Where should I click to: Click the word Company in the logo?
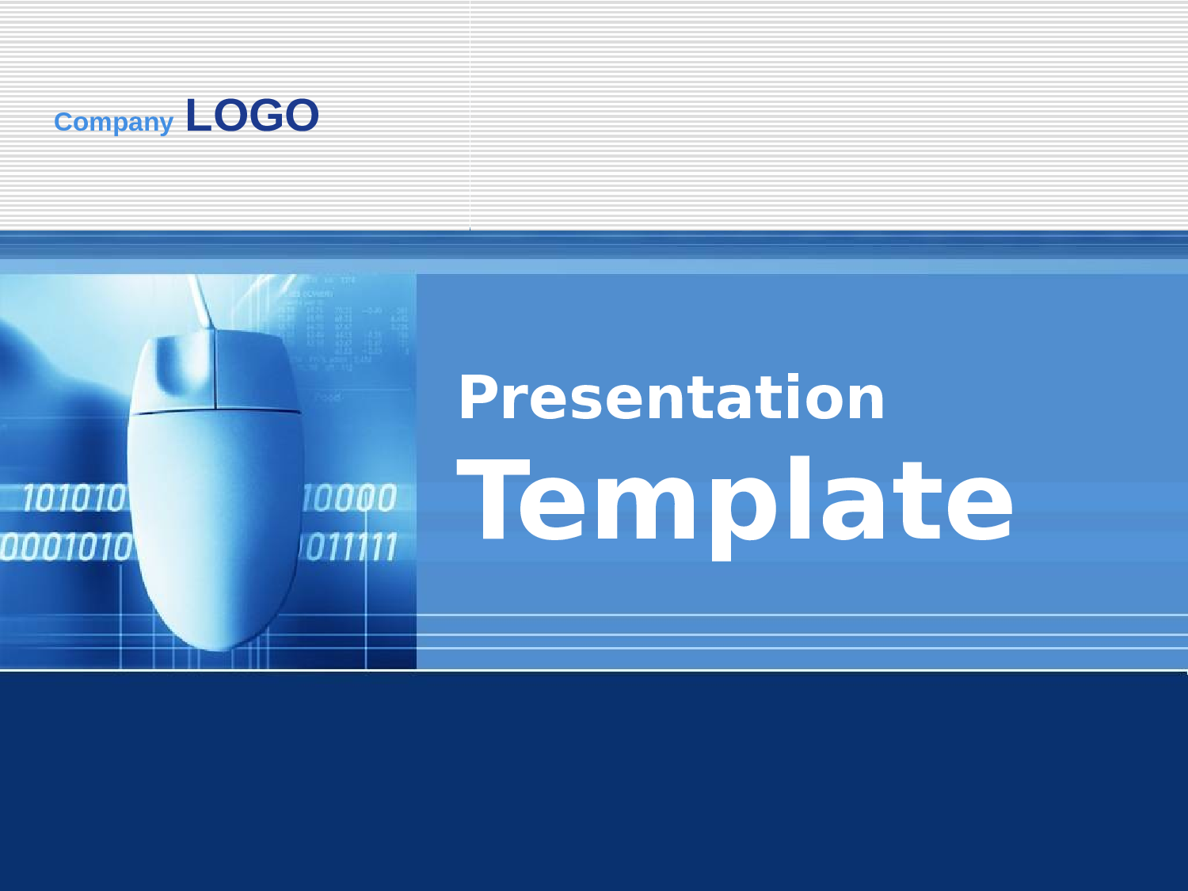coord(113,122)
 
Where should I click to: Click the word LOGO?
coord(252,116)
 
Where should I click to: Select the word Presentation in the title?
coord(671,398)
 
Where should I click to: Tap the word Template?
coord(735,501)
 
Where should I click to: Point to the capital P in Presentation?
coord(480,398)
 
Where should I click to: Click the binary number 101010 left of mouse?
coord(74,499)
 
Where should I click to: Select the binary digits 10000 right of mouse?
coord(349,499)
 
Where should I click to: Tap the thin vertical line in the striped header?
coord(470,115)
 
